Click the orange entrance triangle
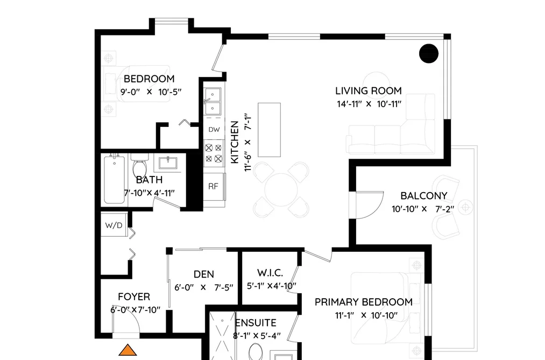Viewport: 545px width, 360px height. coord(128,350)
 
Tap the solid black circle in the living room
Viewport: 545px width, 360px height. coord(429,53)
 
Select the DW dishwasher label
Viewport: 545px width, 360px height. coord(214,130)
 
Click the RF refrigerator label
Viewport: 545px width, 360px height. coord(213,186)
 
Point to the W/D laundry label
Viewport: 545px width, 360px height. coord(114,225)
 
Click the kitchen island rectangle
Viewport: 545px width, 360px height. coord(270,130)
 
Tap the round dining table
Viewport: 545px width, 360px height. coord(281,190)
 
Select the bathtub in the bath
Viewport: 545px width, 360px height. coord(115,180)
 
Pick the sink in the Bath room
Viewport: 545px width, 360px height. coord(168,163)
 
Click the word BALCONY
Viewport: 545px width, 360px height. coord(424,196)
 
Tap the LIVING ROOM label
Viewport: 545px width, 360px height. coord(369,91)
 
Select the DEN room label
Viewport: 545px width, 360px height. coord(204,274)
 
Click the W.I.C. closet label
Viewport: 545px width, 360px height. coord(270,273)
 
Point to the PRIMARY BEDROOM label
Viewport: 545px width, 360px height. coord(364,302)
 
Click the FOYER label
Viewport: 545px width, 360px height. coord(134,297)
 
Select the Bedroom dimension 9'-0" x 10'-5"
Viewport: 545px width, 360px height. coord(151,92)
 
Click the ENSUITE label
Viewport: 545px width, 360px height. coord(256,323)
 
